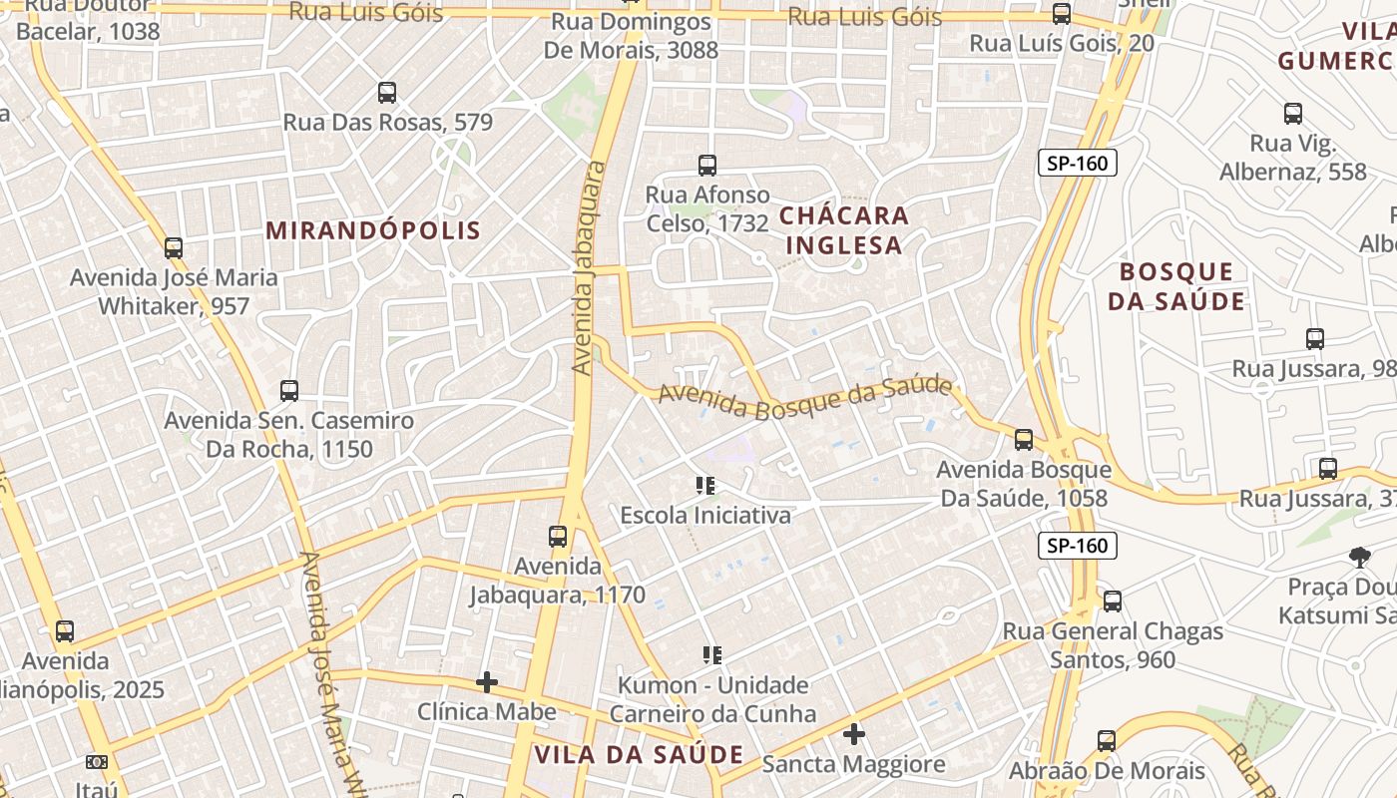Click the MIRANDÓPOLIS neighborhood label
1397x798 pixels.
coord(373,230)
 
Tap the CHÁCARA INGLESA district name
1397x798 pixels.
coord(844,230)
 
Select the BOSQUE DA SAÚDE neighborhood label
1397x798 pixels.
coord(1176,286)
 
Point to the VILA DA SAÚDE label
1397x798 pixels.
coord(639,754)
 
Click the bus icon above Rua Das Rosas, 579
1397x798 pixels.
coord(387,93)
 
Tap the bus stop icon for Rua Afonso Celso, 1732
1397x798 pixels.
coord(707,165)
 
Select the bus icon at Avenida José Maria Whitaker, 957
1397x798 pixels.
coord(174,247)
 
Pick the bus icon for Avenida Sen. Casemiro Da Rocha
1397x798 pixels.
coord(289,390)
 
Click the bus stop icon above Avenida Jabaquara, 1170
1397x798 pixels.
coord(558,537)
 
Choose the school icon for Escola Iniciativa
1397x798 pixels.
coord(705,486)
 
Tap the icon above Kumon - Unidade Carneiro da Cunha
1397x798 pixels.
coord(712,655)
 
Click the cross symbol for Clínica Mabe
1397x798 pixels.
coord(487,682)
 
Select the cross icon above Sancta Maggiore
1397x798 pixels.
coord(854,735)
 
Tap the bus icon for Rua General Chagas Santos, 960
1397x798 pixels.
coord(1113,601)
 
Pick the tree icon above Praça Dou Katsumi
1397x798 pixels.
coord(1359,557)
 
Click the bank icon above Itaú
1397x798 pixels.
coord(97,762)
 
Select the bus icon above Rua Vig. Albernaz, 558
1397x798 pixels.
coord(1293,113)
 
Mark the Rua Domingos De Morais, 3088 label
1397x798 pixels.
coord(631,35)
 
